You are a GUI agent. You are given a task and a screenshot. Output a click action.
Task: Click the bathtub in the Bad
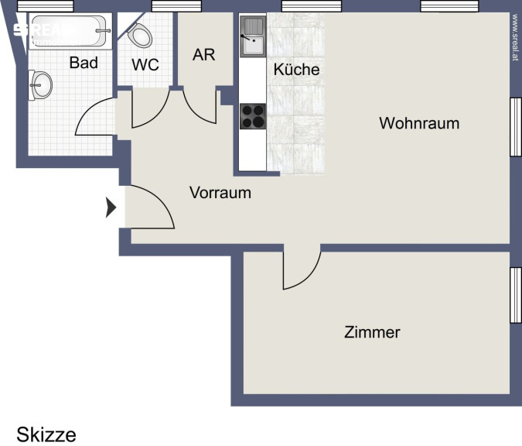coord(70,31)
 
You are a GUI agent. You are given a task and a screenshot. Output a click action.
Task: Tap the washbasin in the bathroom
coord(40,85)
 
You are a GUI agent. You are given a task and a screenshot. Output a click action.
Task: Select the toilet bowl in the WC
coord(139,35)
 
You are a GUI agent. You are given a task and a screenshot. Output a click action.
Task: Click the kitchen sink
coord(253,36)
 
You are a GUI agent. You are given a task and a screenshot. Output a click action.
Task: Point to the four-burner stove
coord(253,116)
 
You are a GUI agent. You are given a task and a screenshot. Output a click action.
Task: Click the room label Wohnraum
coord(419,123)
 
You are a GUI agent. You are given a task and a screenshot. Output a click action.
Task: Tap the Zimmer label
coord(372,332)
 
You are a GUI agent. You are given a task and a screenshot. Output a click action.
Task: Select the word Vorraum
coord(220,193)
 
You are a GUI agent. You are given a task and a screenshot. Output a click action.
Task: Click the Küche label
coord(296,70)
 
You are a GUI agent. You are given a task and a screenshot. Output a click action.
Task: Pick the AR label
coord(203,55)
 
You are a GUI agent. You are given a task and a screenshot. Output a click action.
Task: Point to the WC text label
coord(145,65)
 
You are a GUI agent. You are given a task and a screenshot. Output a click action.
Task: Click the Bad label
coord(84,63)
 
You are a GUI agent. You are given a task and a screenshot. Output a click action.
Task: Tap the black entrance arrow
coord(111,208)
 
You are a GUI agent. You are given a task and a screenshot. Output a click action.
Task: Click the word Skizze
coord(46,434)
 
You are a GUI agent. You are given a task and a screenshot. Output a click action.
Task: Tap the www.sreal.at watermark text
coord(515,37)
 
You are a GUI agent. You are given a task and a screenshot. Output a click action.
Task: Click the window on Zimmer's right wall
coord(516,295)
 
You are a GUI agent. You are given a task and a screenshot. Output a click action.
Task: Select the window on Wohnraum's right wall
coord(516,127)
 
